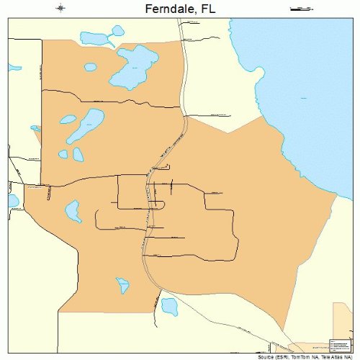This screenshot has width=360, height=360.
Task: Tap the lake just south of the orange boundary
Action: tap(168, 307)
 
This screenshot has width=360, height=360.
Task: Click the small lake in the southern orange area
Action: tap(123, 286)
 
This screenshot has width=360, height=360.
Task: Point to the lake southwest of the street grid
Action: tap(73, 211)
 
